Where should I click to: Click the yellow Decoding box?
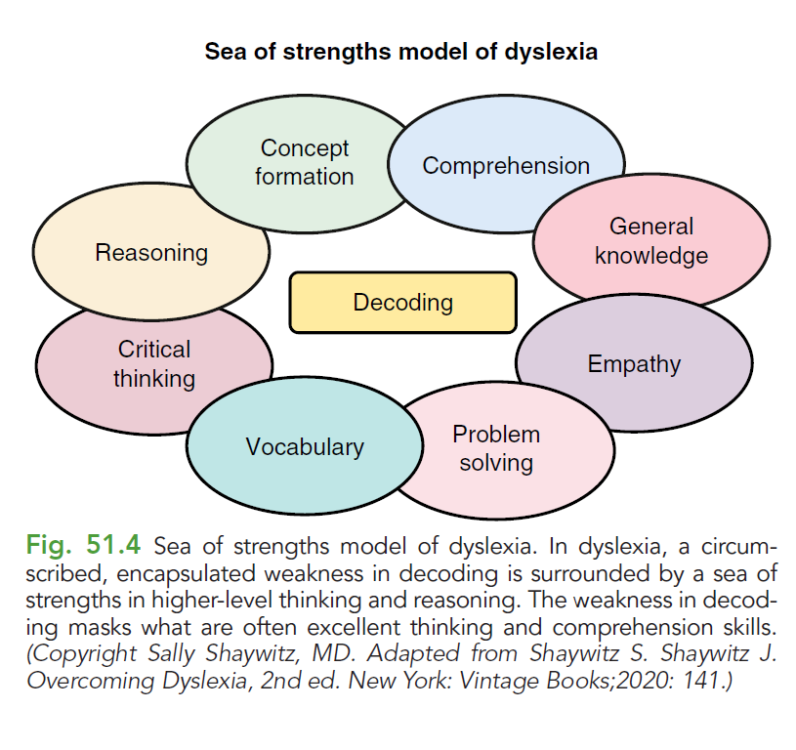point(402,303)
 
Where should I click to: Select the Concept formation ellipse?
point(304,162)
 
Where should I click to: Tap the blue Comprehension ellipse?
point(506,166)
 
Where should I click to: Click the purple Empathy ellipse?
point(634,365)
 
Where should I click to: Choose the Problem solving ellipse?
point(496,448)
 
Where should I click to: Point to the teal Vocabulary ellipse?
point(305,447)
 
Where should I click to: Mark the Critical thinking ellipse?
point(153,363)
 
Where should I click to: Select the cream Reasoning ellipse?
point(151,253)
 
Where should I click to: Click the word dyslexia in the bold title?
point(551,52)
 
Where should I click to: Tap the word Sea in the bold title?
point(224,52)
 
